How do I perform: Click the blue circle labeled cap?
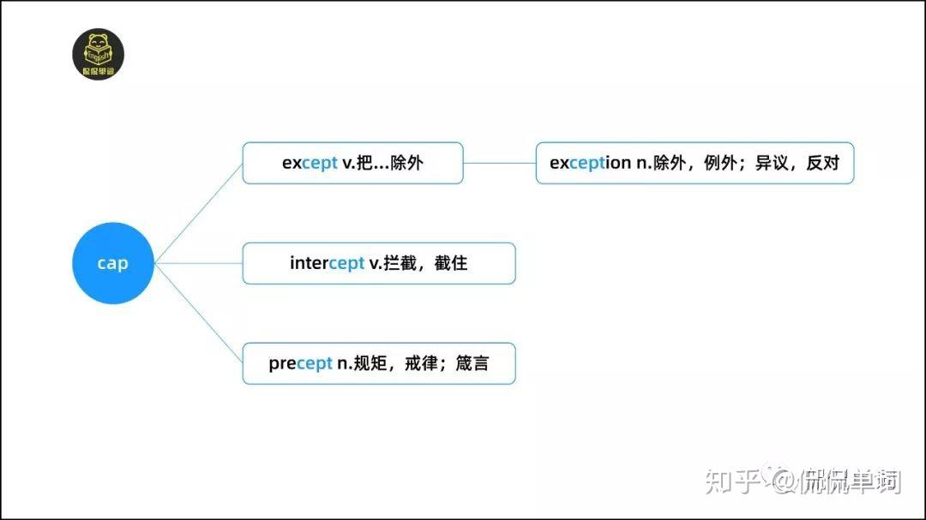pyautogui.click(x=112, y=263)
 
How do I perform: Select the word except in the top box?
pyautogui.click(x=310, y=163)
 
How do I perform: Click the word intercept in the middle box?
pyautogui.click(x=327, y=263)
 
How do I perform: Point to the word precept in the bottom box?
pyautogui.click(x=300, y=363)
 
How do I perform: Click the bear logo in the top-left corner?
pyautogui.click(x=98, y=56)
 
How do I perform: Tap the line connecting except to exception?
pyautogui.click(x=499, y=163)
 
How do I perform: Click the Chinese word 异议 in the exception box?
pyautogui.click(x=772, y=163)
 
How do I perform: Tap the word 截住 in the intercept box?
pyautogui.click(x=451, y=263)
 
